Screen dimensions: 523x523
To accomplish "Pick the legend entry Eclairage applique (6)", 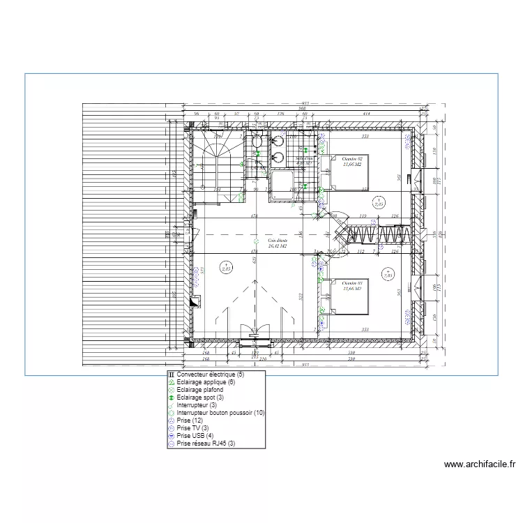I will click(206, 382).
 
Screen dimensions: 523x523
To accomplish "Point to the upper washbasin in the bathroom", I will click(278, 143).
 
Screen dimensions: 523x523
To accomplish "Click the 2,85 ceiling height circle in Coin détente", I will click(226, 266).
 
